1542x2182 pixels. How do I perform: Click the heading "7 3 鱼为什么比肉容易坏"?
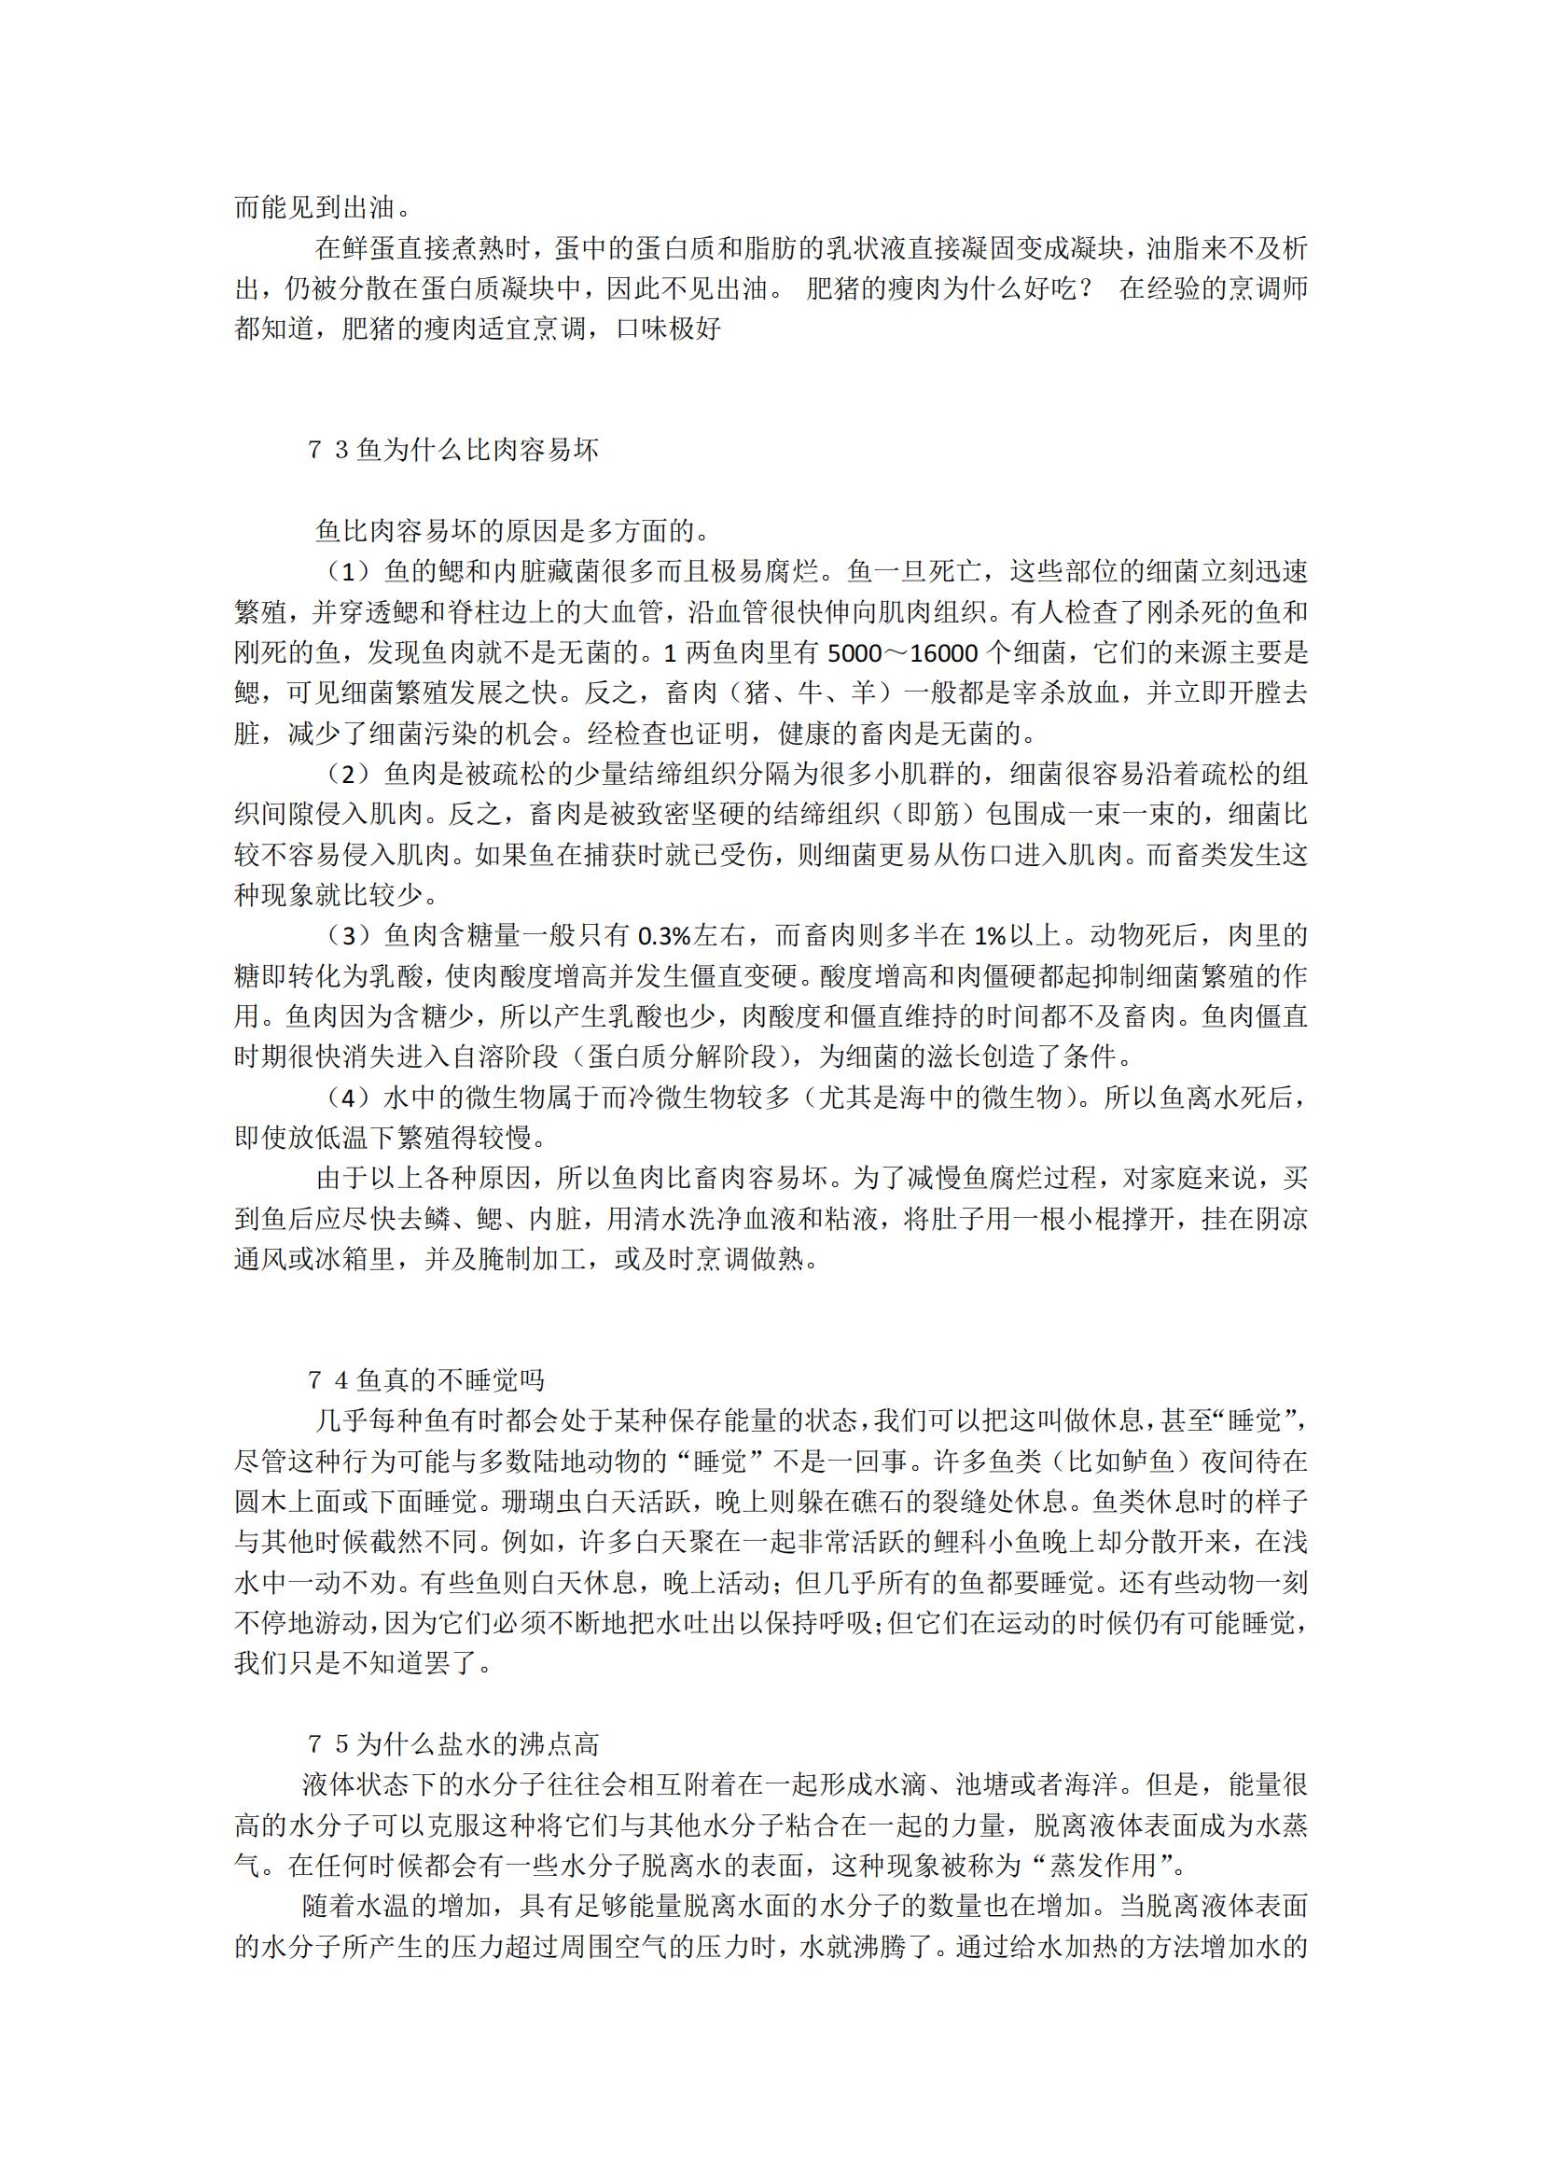pyautogui.click(x=453, y=450)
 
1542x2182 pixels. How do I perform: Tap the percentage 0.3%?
pyautogui.click(x=664, y=936)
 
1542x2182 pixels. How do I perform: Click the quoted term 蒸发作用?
pyautogui.click(x=1103, y=1865)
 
